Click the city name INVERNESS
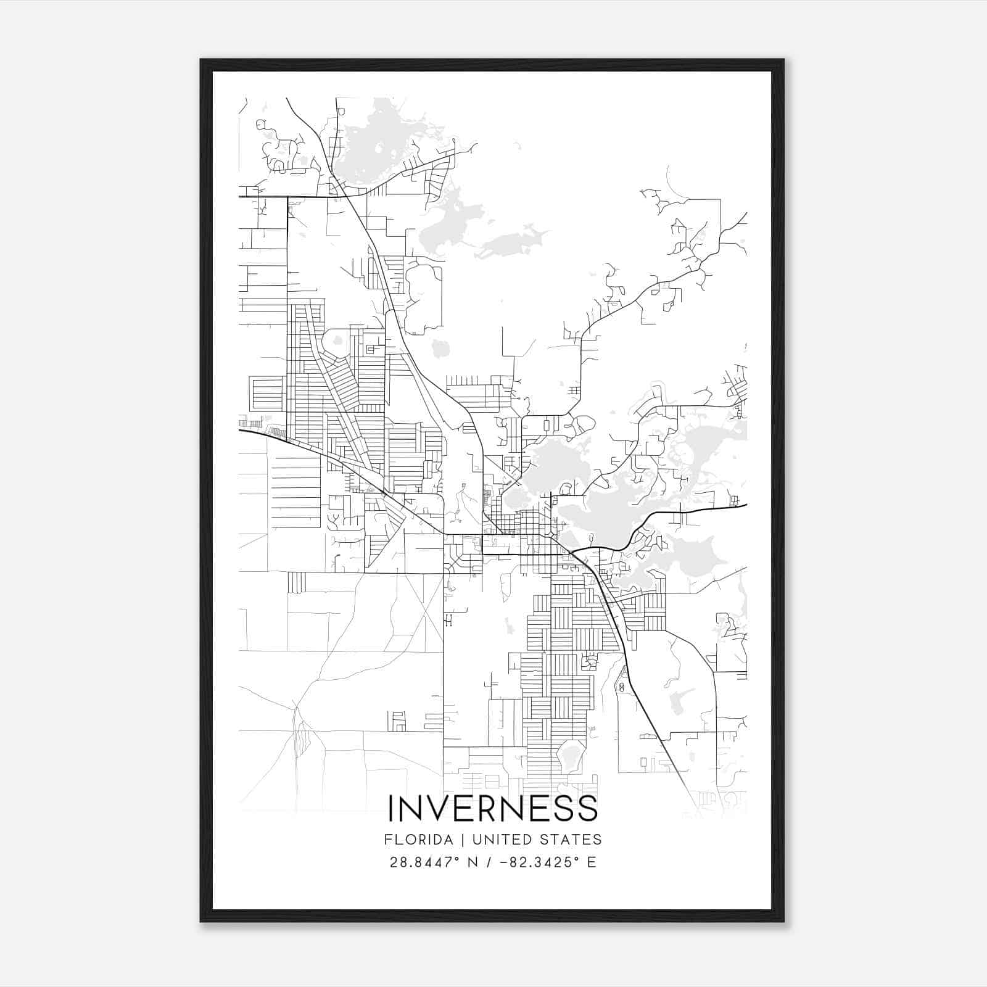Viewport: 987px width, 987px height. coord(493,809)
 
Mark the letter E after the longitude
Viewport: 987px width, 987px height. coord(592,862)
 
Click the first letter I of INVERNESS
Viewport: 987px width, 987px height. coord(390,809)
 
